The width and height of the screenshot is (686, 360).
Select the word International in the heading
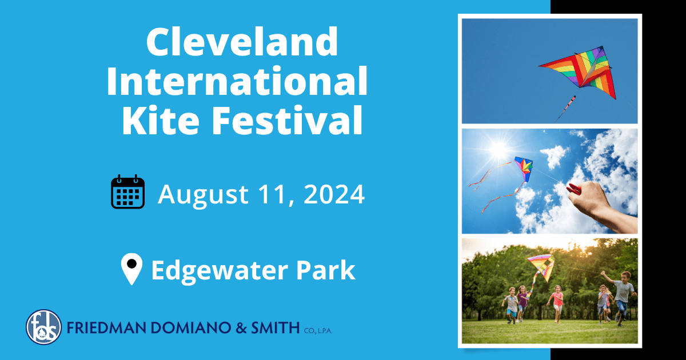236,81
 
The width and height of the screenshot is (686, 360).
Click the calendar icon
127,193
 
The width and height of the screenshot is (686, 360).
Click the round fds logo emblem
43,327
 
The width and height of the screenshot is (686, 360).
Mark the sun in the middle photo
498,150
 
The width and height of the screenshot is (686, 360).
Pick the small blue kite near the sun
523,168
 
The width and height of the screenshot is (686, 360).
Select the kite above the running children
541,266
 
